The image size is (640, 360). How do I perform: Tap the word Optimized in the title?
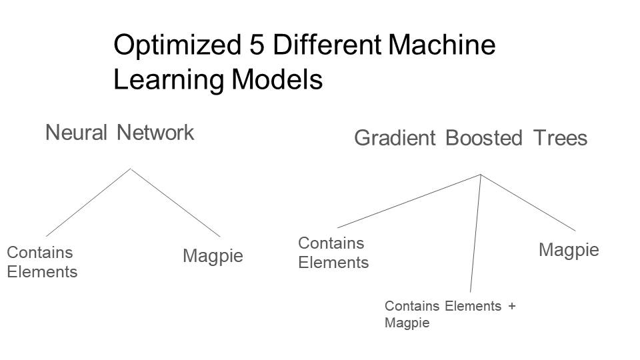[175, 46]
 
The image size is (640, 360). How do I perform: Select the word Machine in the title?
[443, 46]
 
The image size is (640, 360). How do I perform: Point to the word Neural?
[76, 133]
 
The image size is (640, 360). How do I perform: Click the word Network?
[156, 133]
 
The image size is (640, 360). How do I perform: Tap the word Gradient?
[394, 139]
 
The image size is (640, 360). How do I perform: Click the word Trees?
[560, 139]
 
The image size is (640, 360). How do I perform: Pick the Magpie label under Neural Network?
[213, 256]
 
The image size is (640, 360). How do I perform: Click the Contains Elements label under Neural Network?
[41, 262]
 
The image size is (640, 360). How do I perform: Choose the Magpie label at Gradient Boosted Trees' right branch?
[569, 250]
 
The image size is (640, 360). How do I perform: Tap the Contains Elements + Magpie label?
[450, 314]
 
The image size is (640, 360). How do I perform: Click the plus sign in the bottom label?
[511, 307]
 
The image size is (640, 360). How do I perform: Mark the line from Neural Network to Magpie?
[175, 203]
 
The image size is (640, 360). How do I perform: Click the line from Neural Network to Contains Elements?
[88, 202]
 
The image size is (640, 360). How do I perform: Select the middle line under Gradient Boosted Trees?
[475, 233]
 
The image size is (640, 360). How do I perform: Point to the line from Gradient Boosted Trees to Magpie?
[528, 203]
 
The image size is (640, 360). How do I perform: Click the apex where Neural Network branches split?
[131, 169]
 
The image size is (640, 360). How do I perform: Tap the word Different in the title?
[327, 46]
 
